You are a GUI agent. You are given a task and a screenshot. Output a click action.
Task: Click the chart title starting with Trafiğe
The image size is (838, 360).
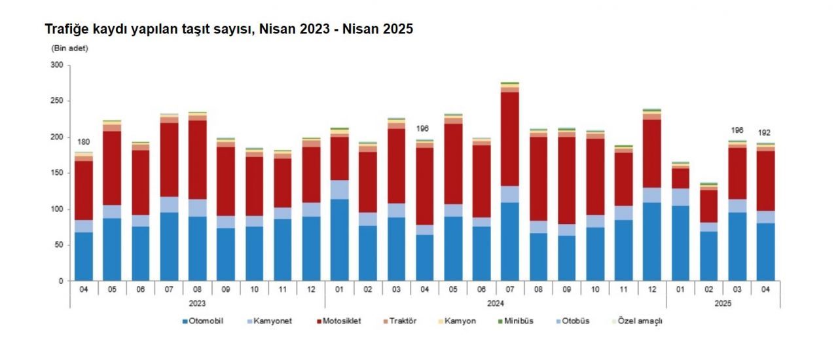(228, 29)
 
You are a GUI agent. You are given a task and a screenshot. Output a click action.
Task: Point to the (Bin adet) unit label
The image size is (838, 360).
(69, 48)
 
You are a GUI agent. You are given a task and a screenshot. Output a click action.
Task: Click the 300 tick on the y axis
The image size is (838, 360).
(57, 65)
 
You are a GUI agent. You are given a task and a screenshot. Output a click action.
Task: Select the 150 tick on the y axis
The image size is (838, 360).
(57, 173)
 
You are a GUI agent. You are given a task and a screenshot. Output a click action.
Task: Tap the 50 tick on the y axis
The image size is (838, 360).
(59, 245)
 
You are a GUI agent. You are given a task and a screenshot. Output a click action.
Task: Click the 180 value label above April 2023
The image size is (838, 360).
(84, 143)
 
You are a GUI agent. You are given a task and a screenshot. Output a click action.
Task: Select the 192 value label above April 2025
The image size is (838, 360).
(764, 133)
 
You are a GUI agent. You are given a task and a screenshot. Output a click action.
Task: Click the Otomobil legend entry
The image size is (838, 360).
(206, 321)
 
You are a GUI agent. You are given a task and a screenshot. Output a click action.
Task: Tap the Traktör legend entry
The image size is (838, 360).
(402, 321)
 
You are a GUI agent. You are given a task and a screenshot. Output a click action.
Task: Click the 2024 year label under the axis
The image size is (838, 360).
(495, 304)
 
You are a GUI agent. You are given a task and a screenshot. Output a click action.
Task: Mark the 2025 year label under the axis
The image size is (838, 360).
(722, 304)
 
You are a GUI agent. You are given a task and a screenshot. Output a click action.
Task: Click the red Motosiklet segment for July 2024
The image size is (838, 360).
(509, 139)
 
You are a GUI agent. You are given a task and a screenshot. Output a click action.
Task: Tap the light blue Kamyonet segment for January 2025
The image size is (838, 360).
(680, 197)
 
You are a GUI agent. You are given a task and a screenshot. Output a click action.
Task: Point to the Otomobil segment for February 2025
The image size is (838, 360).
(708, 256)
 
